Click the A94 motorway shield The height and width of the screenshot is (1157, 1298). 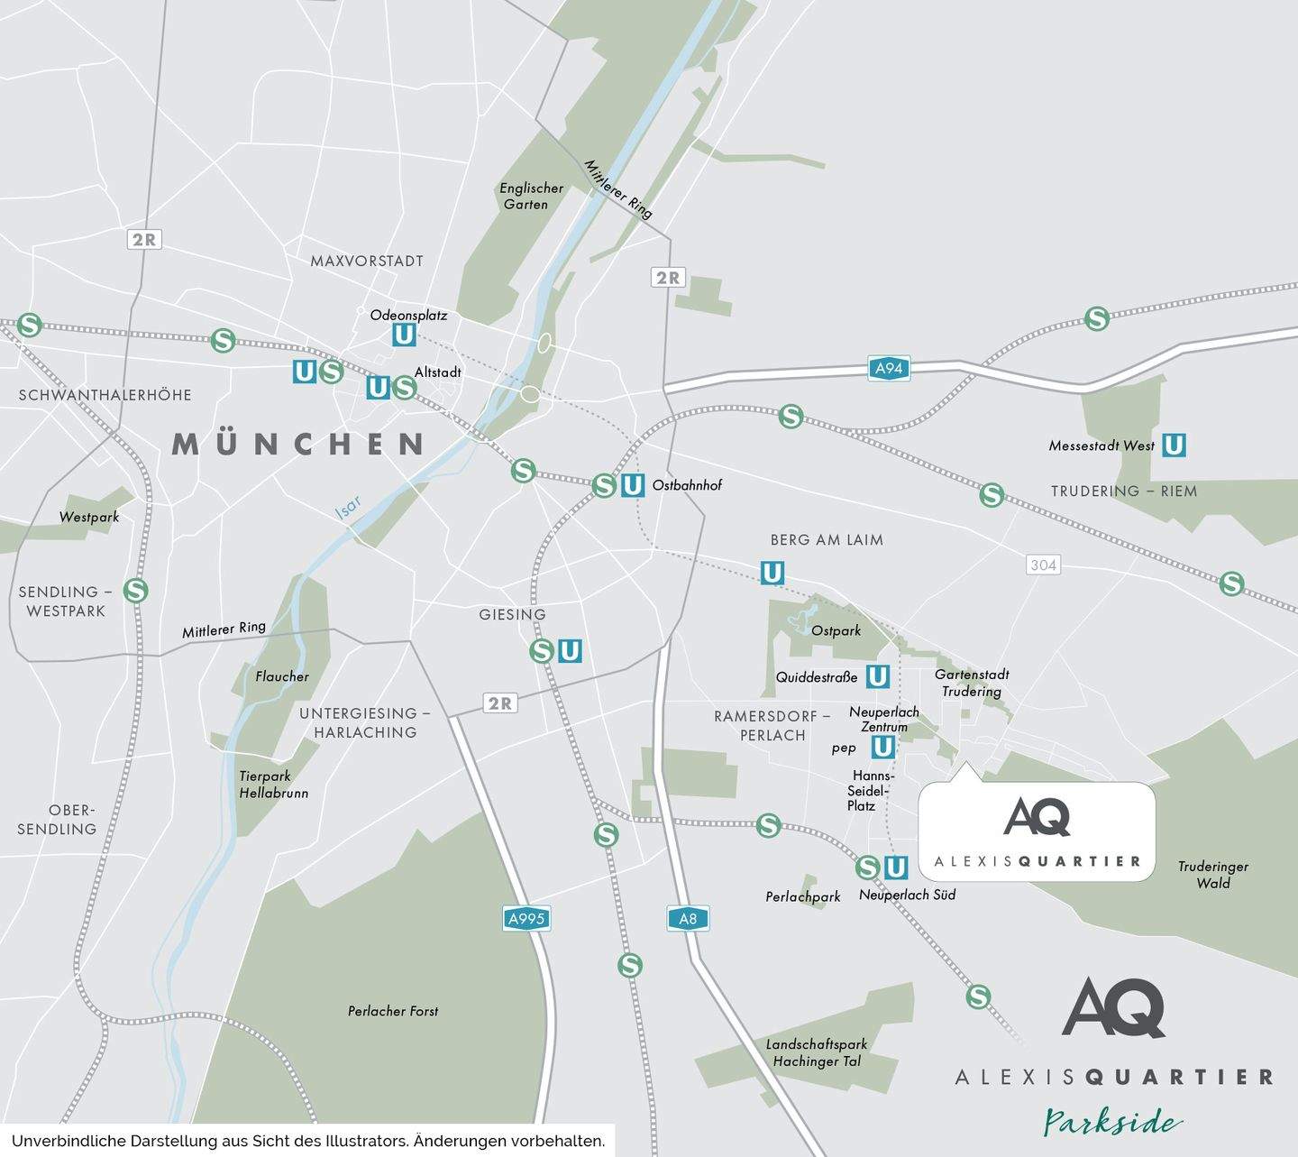point(889,368)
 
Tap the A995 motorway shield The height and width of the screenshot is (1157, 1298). point(526,919)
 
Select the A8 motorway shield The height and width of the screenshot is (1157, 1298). point(688,919)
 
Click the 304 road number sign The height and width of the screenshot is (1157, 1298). point(1043,565)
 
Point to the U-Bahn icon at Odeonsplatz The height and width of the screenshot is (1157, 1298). point(404,335)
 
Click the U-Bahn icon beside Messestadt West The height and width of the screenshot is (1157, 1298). point(1173,445)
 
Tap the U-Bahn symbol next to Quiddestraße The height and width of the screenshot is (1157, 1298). point(877,675)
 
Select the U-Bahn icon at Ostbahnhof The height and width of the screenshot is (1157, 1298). point(633,485)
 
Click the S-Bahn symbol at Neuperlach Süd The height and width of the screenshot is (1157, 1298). point(867,867)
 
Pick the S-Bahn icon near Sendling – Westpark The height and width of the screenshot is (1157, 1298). point(135,591)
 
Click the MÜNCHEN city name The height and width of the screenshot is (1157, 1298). point(298,444)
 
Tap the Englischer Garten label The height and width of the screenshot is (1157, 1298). point(531,196)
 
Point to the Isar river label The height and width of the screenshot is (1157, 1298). point(348,509)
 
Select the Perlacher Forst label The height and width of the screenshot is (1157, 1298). point(393,1011)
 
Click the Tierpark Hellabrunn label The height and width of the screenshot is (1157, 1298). point(273,785)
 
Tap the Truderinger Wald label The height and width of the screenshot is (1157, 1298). point(1212,875)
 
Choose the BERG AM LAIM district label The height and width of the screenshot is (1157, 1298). point(827,540)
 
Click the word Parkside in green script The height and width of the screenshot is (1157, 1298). point(1112,1122)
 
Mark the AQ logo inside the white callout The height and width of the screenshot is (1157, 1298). point(1037,816)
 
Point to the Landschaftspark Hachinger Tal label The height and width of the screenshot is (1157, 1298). point(817,1052)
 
